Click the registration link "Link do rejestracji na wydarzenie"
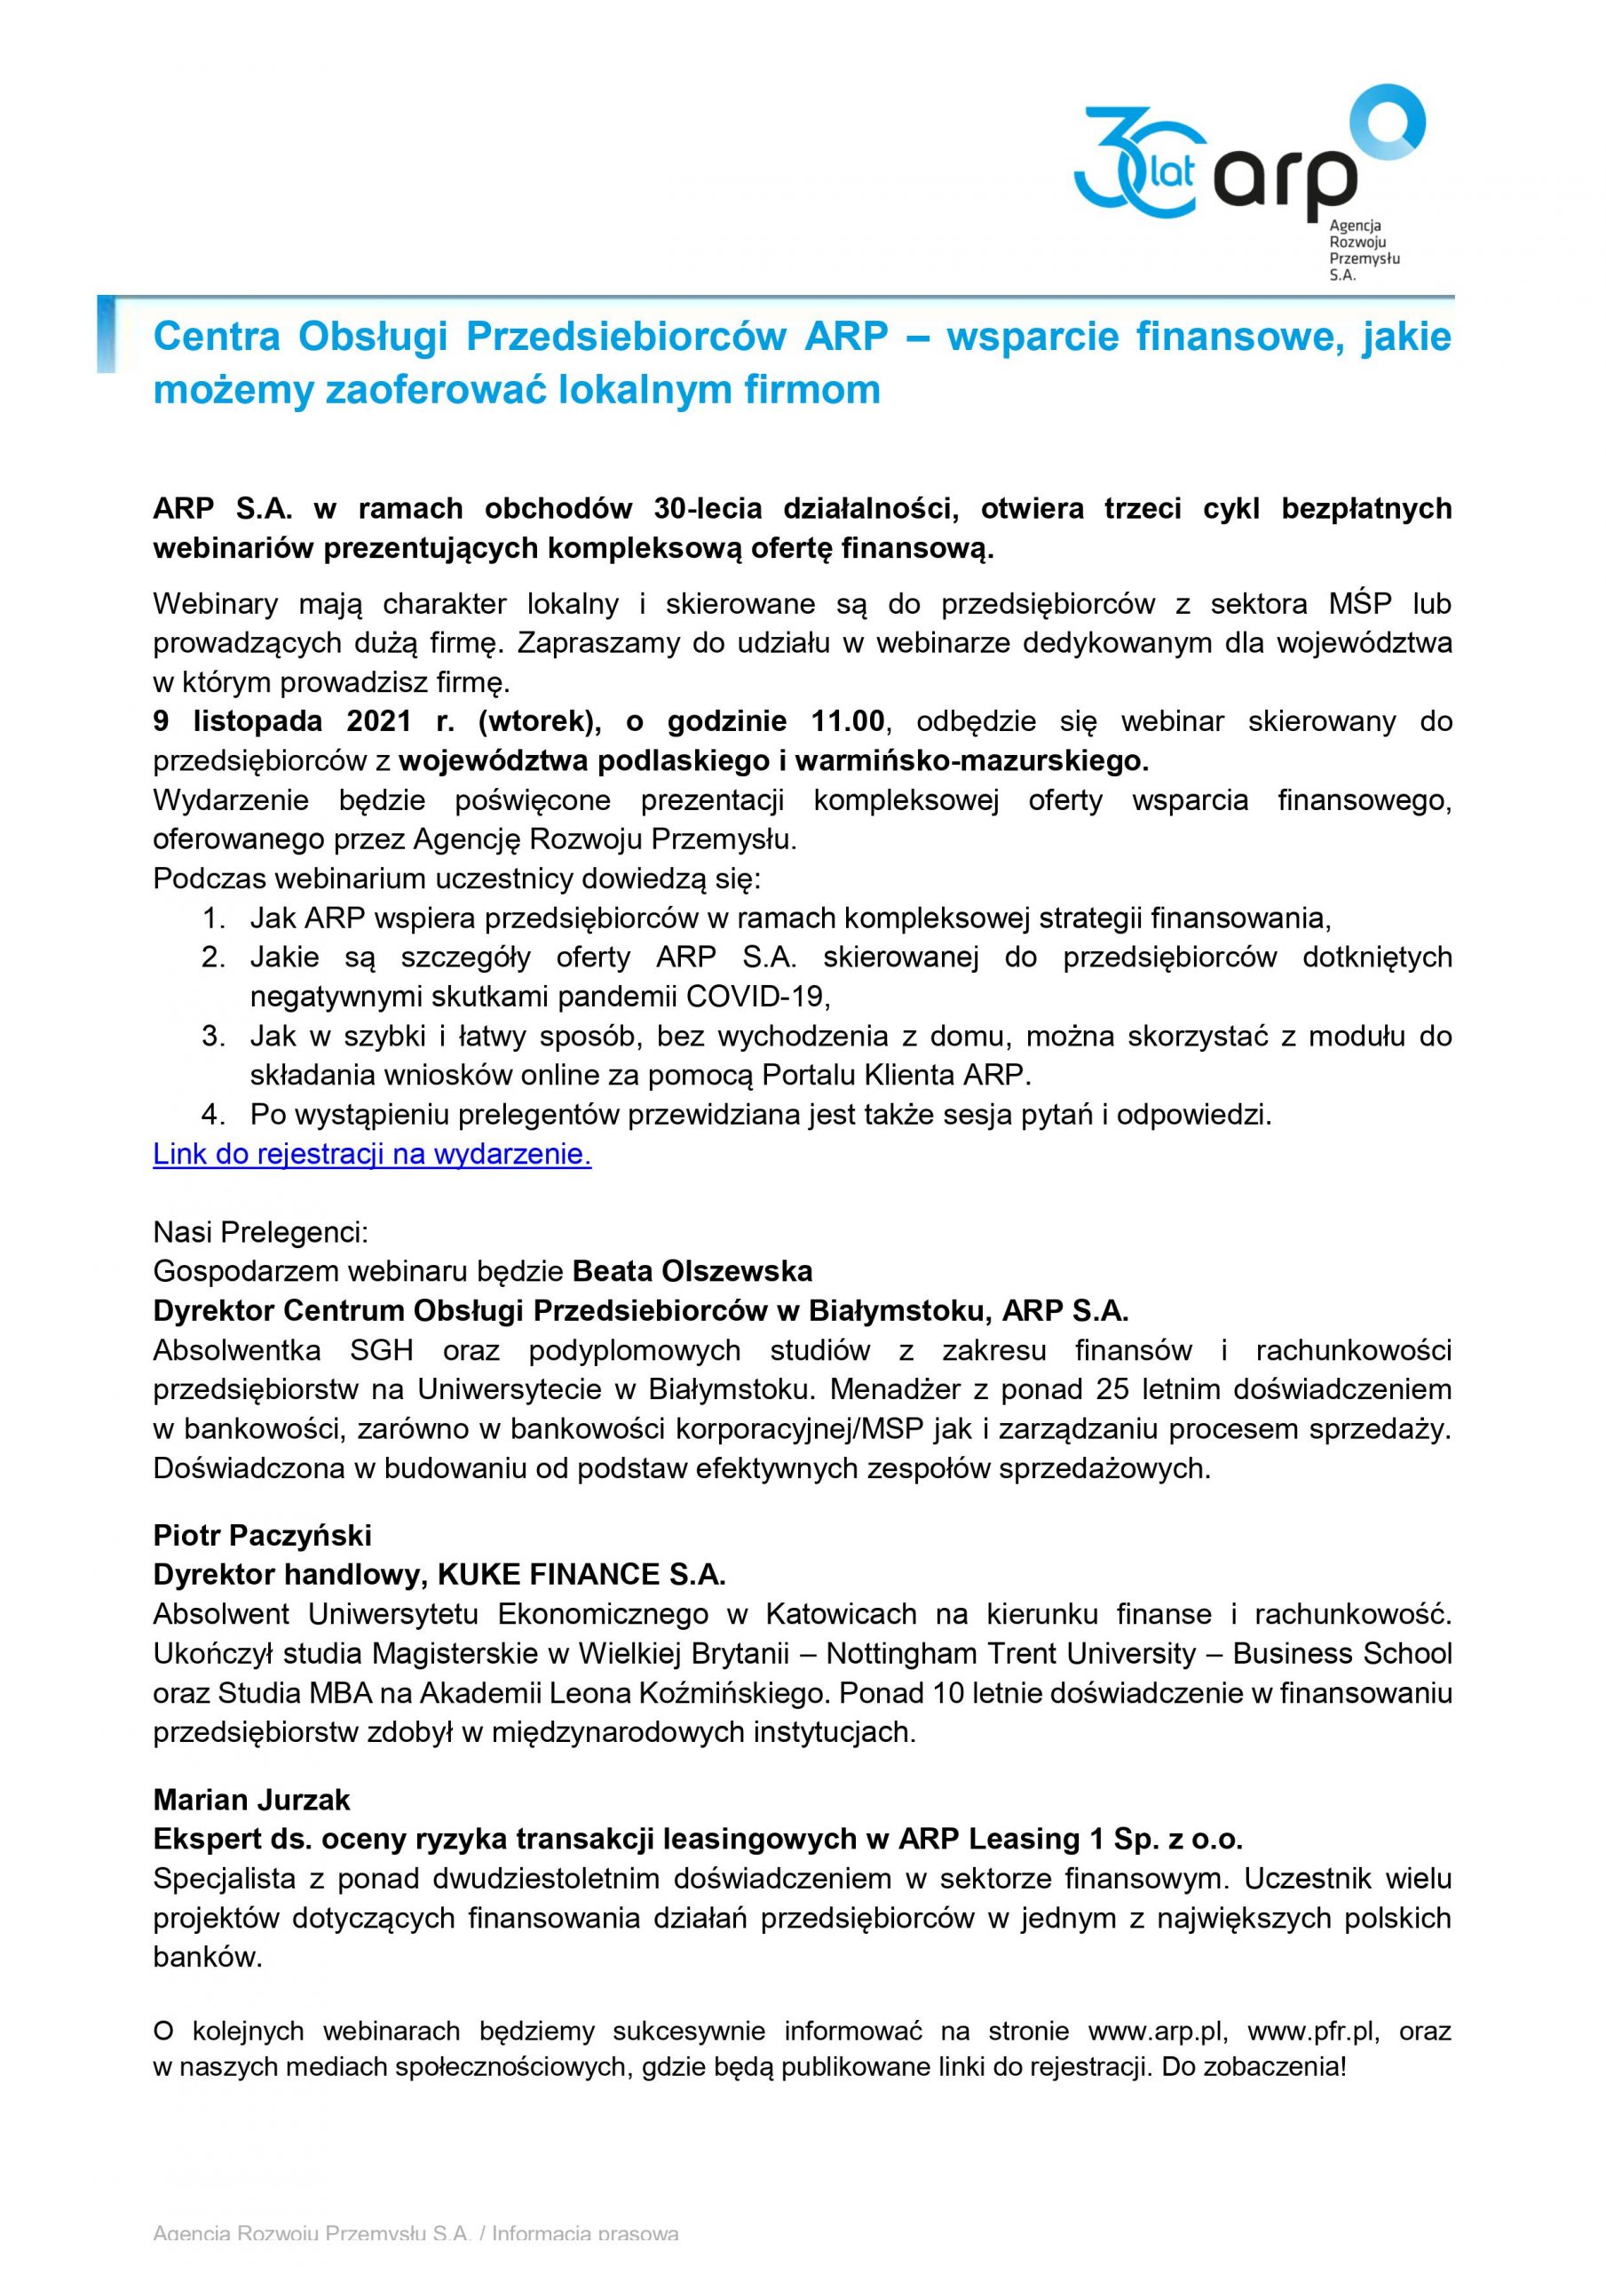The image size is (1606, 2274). (372, 1155)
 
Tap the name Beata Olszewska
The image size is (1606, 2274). (692, 1271)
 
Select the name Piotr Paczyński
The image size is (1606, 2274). (263, 1535)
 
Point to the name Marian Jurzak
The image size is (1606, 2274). (251, 1799)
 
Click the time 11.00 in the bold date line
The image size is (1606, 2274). (848, 721)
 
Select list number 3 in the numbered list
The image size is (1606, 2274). (213, 1036)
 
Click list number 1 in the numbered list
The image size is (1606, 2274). (213, 918)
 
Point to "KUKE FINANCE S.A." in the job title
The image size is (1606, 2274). (582, 1575)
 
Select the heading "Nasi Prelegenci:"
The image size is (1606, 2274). (260, 1232)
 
